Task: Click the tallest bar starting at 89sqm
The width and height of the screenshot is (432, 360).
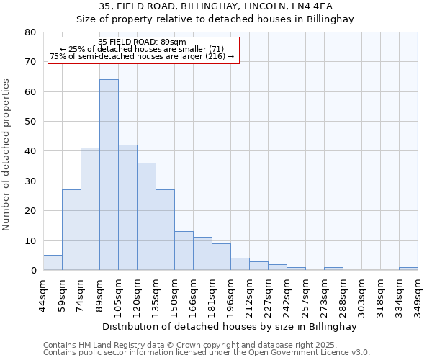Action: (109, 175)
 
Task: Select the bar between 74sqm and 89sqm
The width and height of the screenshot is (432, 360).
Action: (90, 209)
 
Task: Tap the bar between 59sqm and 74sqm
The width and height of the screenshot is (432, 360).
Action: (71, 230)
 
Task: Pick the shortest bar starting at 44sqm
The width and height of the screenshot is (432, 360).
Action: (53, 263)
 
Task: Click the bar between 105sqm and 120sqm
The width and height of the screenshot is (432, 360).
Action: (127, 207)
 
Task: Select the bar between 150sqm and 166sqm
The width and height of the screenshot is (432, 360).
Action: (184, 251)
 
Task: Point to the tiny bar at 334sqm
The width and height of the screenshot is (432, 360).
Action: (408, 269)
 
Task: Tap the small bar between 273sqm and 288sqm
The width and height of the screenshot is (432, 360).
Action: (333, 269)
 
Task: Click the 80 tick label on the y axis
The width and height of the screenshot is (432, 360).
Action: (30, 32)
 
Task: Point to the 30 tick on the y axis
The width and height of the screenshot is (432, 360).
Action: (30, 181)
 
